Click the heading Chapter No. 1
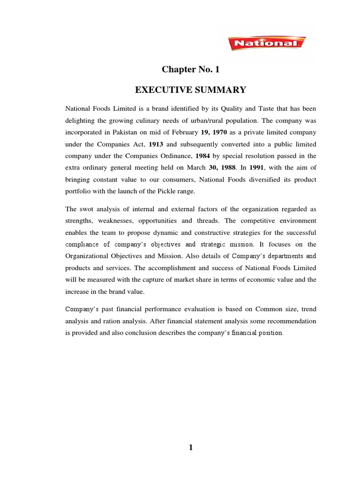point(190,70)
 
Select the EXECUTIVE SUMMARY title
point(190,89)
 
